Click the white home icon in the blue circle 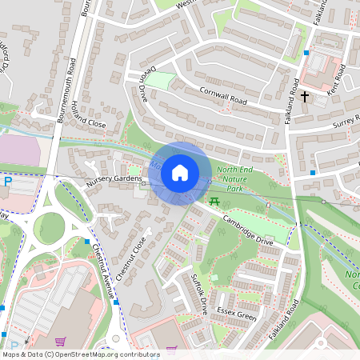[180, 172]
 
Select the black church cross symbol [304, 97]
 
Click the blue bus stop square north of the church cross [306, 53]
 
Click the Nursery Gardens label [113, 181]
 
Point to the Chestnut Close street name [131, 257]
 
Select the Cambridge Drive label [247, 230]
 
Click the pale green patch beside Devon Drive [160, 81]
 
